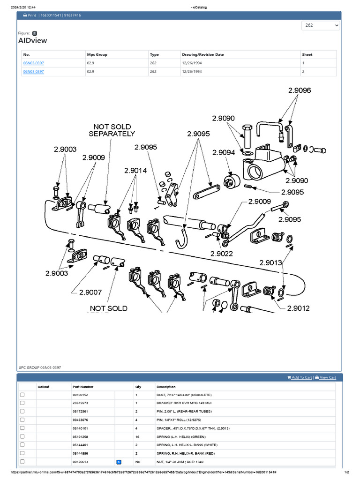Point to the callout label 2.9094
click(224, 153)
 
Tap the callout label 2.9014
click(136, 171)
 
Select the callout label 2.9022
click(222, 253)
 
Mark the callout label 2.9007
click(90, 292)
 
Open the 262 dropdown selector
click(321, 25)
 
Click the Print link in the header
click(30, 15)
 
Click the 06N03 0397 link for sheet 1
click(33, 63)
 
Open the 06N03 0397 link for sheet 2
click(33, 71)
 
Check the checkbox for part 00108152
click(22, 395)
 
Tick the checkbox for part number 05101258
click(22, 436)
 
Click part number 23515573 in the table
click(80, 403)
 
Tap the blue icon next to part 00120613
click(119, 462)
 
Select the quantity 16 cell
click(138, 436)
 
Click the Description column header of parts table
click(166, 387)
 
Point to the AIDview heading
click(32, 41)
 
